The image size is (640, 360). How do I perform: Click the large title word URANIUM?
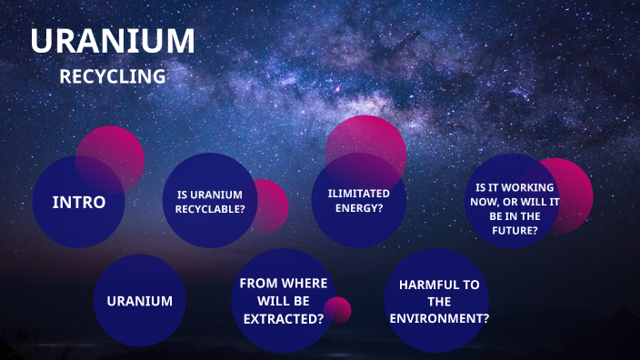(x=112, y=41)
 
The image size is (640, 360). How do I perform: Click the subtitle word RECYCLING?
(x=112, y=77)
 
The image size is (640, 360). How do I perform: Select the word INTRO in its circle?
(x=78, y=202)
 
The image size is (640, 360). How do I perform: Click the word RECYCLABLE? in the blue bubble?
(x=210, y=208)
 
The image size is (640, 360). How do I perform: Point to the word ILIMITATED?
(x=358, y=193)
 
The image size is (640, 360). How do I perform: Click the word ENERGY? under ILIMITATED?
(x=358, y=208)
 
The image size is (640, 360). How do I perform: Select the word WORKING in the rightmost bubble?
(x=515, y=187)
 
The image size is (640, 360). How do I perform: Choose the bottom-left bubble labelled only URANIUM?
(x=139, y=301)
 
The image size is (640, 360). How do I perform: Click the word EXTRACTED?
(x=283, y=318)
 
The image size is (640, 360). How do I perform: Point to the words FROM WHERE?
(x=283, y=284)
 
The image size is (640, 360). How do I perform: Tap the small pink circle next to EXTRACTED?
(x=338, y=310)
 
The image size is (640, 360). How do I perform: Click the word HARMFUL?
(x=439, y=285)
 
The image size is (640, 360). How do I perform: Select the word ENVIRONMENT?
(x=439, y=318)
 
